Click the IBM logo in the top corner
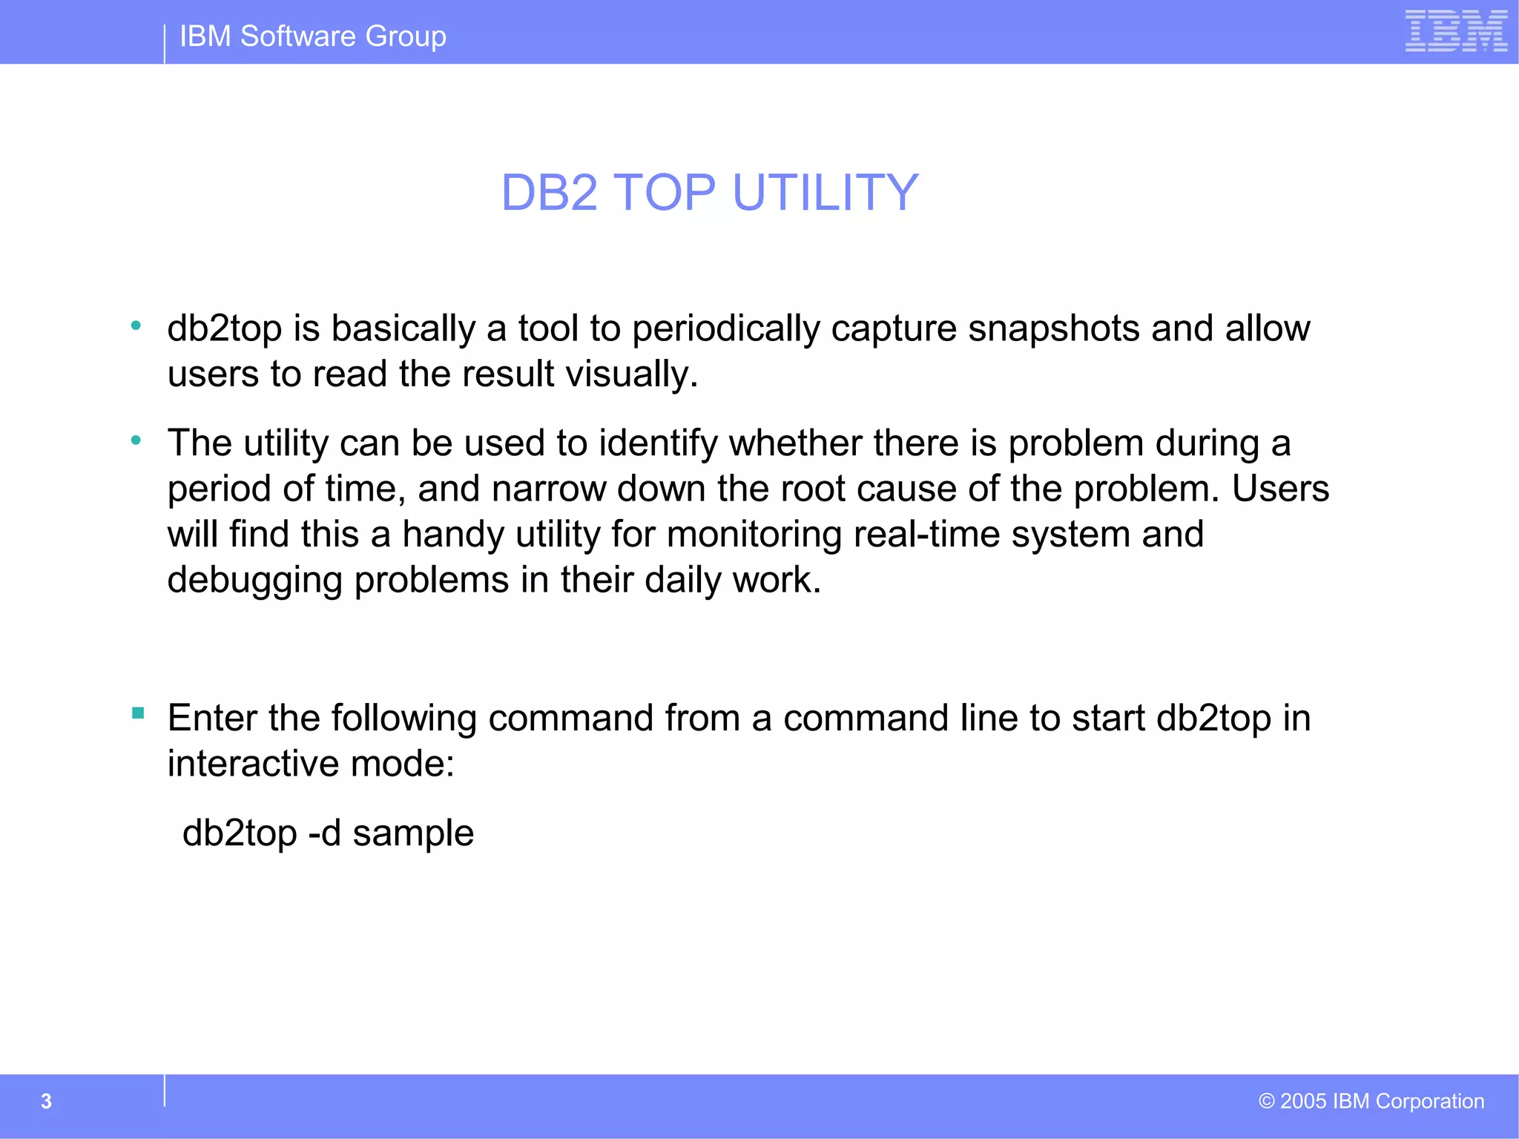tap(1455, 31)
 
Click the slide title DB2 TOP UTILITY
tap(710, 193)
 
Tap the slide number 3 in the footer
tap(46, 1101)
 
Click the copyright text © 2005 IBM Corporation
tap(1371, 1101)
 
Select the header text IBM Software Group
tap(312, 36)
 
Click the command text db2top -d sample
tap(328, 833)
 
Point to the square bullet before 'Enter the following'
tap(138, 713)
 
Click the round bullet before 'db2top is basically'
tap(136, 325)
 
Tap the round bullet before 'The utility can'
tap(136, 440)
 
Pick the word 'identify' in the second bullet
tap(658, 444)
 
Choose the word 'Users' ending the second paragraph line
tap(1280, 489)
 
